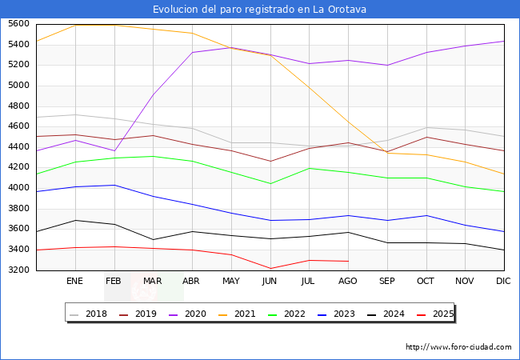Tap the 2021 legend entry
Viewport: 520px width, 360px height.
tap(245, 314)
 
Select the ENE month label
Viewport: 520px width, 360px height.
tap(74, 281)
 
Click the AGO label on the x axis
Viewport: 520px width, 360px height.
tap(348, 281)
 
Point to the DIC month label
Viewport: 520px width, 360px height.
tap(503, 281)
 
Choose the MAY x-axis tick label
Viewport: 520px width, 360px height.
tap(230, 281)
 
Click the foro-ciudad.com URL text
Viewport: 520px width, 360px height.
tap(458, 347)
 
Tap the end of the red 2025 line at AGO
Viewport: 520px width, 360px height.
tap(348, 261)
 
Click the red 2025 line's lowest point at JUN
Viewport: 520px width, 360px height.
tap(270, 269)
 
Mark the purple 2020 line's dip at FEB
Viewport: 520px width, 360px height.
tap(114, 150)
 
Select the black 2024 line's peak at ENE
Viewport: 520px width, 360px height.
tap(74, 220)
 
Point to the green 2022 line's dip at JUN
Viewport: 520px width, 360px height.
tap(270, 184)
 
